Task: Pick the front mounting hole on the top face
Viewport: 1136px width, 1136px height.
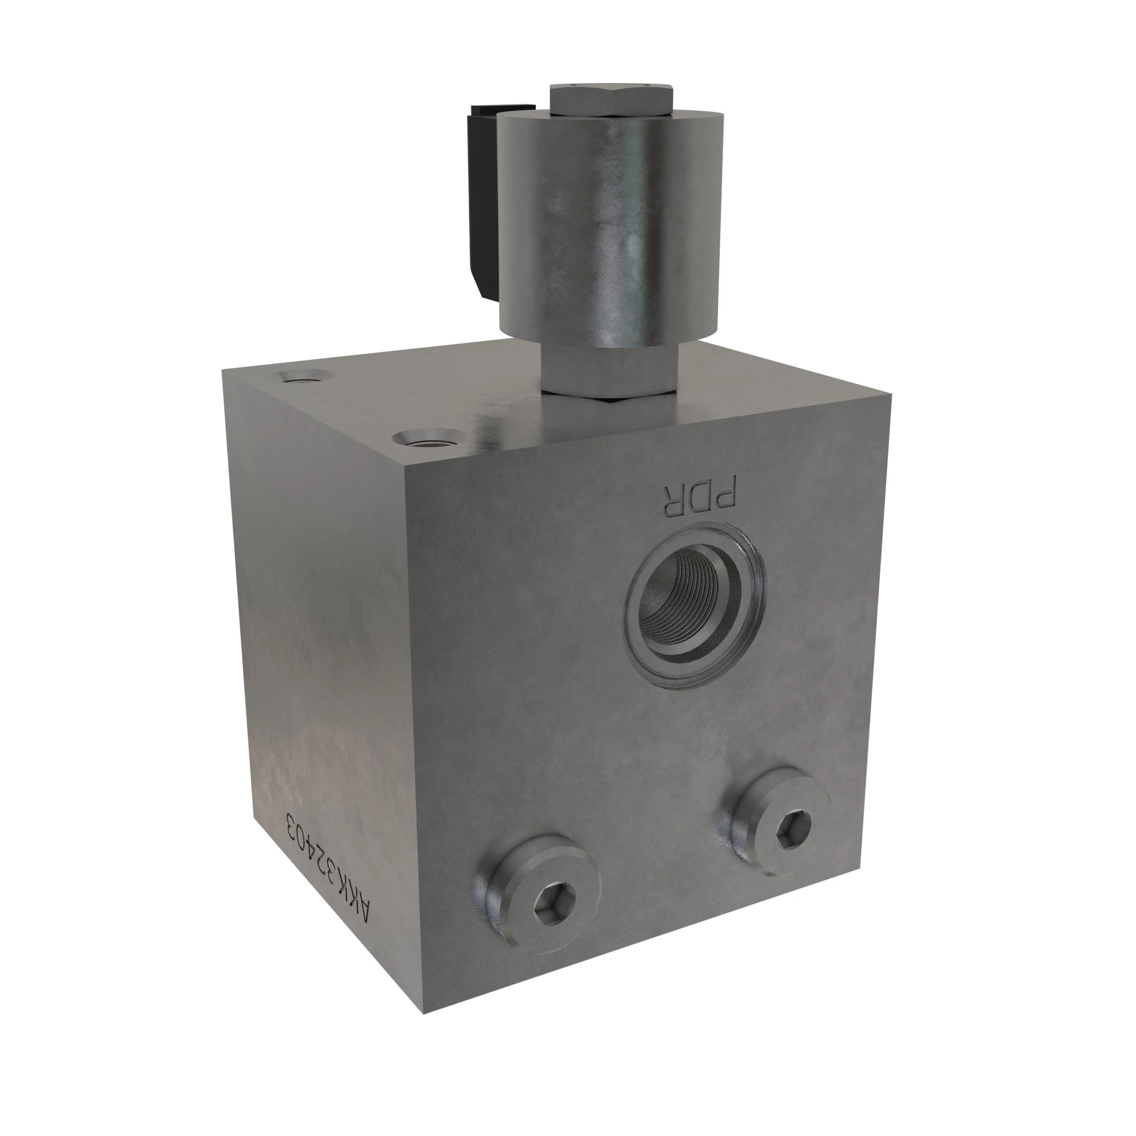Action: click(x=428, y=438)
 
